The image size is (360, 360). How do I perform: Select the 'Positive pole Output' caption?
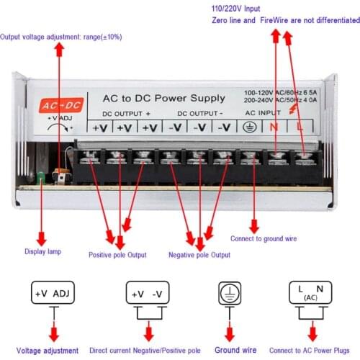click(117, 255)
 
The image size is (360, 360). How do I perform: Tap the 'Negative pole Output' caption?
click(199, 255)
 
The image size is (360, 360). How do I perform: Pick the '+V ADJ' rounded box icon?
click(53, 294)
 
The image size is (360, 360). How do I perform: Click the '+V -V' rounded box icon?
click(148, 294)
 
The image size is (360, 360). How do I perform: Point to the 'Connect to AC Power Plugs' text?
click(312, 351)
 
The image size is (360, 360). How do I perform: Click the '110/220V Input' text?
click(235, 8)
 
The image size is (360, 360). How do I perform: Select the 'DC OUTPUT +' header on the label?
click(126, 113)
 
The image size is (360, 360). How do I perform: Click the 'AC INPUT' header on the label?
click(263, 113)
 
